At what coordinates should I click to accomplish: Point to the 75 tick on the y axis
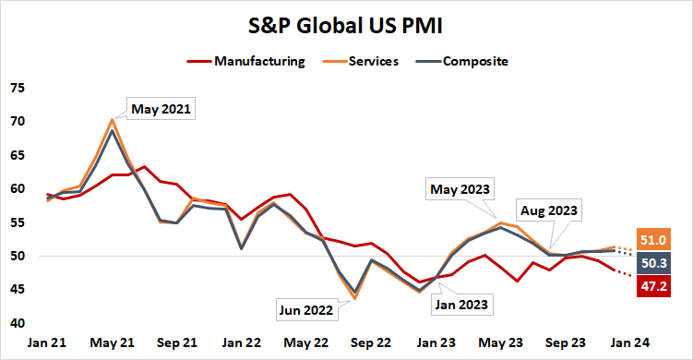point(18,89)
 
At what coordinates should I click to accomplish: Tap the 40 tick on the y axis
point(18,323)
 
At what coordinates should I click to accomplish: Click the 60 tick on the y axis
point(18,189)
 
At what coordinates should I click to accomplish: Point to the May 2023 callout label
point(460,190)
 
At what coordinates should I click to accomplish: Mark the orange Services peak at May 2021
point(112,119)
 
